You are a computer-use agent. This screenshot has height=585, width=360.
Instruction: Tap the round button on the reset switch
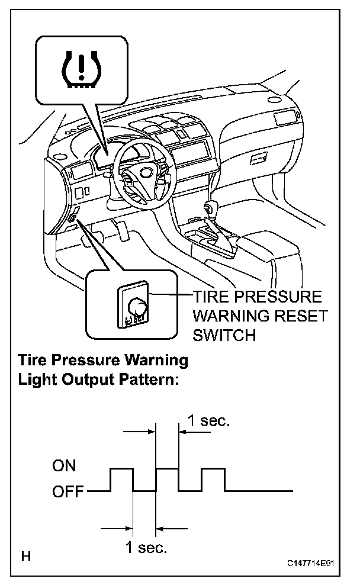[137, 306]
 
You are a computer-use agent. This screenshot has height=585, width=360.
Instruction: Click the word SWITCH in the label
[224, 335]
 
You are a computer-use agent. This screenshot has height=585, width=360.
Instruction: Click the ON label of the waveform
[64, 466]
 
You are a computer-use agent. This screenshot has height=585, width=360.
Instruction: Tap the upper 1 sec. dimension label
[208, 421]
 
